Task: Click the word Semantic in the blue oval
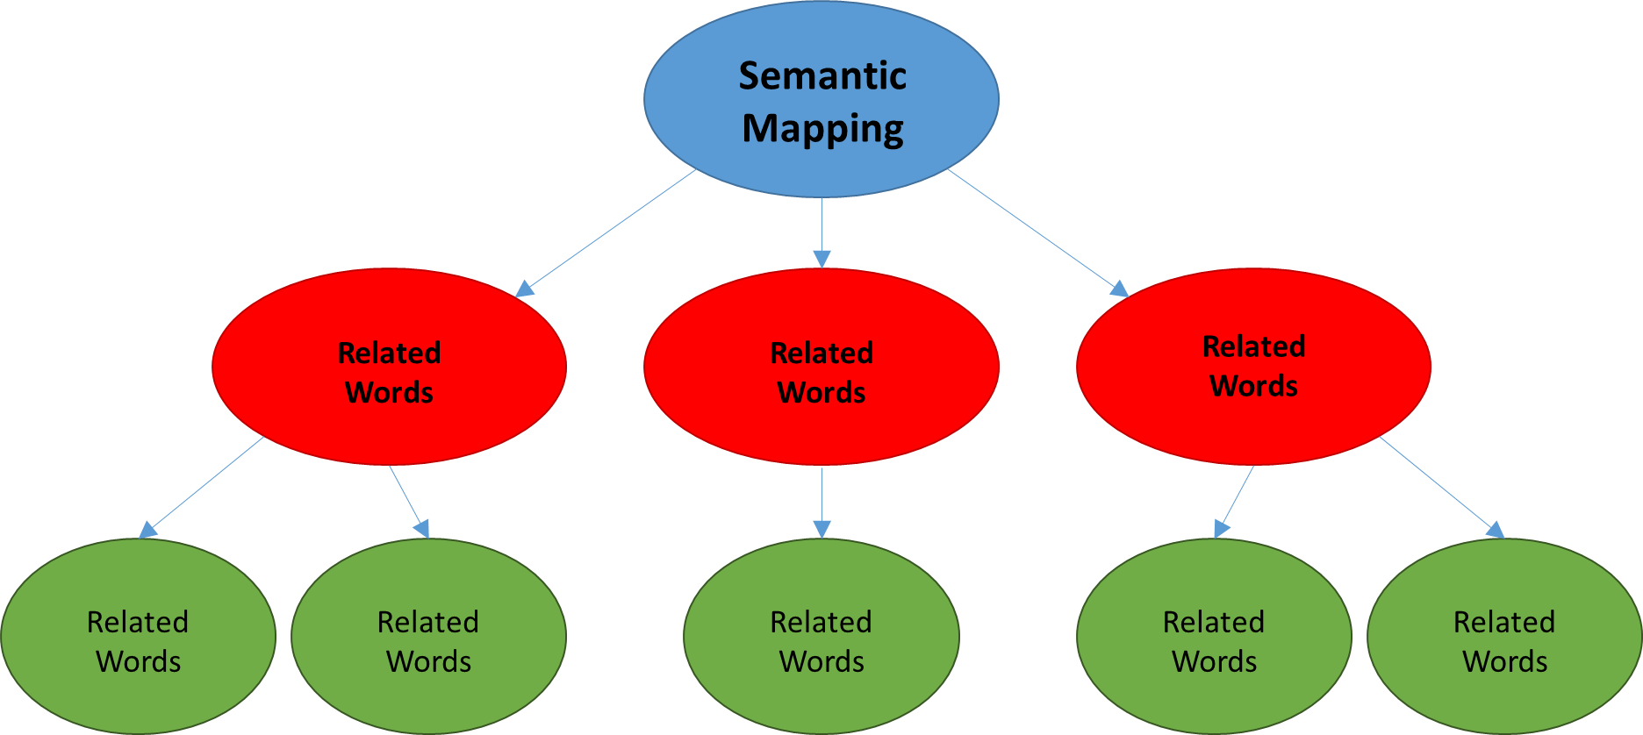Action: click(x=821, y=75)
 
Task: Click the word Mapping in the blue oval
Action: click(x=822, y=129)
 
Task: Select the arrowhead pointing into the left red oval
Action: click(x=526, y=289)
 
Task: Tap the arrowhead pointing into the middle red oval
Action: click(x=821, y=258)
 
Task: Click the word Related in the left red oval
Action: click(x=389, y=353)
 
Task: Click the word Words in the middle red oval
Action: click(x=821, y=392)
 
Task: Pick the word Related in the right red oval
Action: click(x=1253, y=346)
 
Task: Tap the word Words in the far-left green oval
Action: click(x=138, y=661)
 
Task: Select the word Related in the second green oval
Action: click(x=428, y=622)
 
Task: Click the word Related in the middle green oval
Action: click(x=821, y=622)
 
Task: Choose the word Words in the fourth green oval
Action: click(x=1214, y=661)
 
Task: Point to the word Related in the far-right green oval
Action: click(x=1504, y=622)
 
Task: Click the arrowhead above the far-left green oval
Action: click(x=148, y=529)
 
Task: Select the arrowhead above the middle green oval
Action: click(x=821, y=528)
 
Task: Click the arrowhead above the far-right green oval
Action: click(x=1495, y=529)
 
